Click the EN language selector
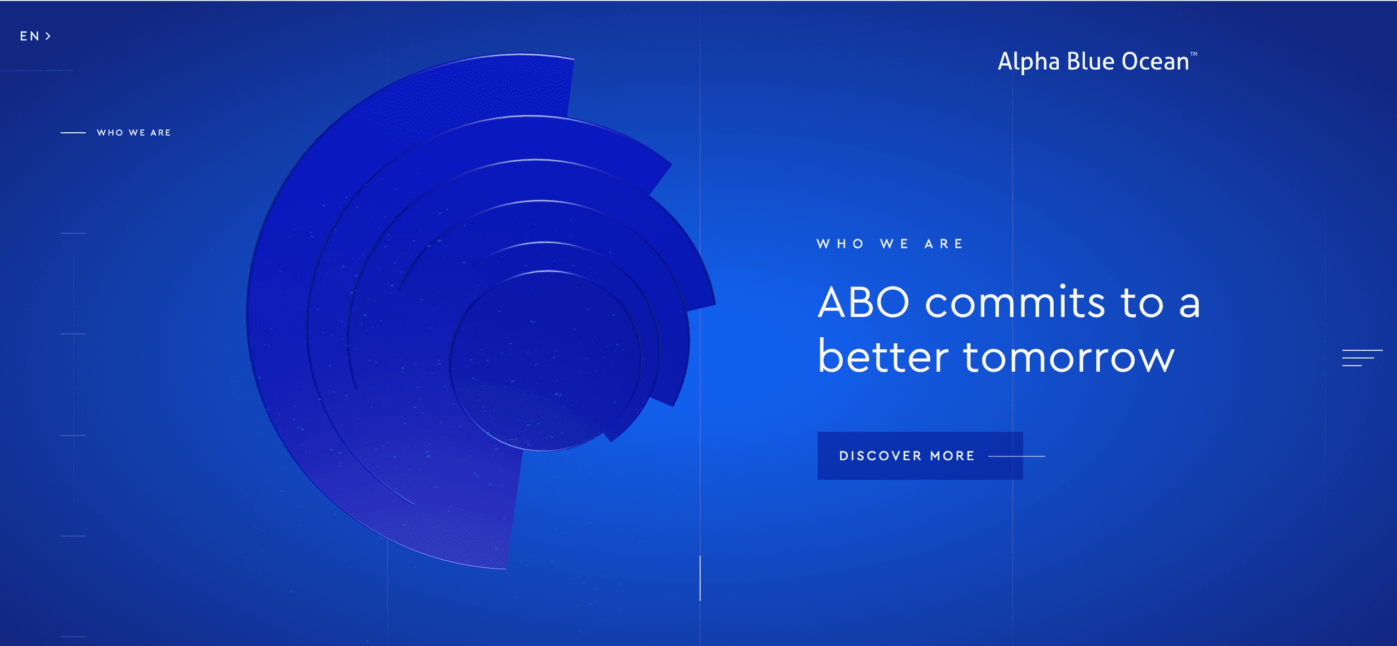pos(30,36)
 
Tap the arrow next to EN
pos(49,36)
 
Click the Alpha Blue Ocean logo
pos(1093,61)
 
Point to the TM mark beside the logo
pos(1194,54)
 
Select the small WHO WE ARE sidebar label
pos(134,133)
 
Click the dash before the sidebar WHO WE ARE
pos(73,133)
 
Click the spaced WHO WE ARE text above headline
pos(890,244)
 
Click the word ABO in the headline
pos(864,302)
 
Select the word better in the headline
pos(883,357)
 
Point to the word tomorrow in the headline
pos(1069,357)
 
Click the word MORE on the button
pos(953,456)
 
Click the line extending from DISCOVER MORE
pos(1017,456)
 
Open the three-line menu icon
pos(1362,357)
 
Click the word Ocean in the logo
pos(1155,61)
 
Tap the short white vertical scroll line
pos(700,578)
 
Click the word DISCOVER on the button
pos(881,456)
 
